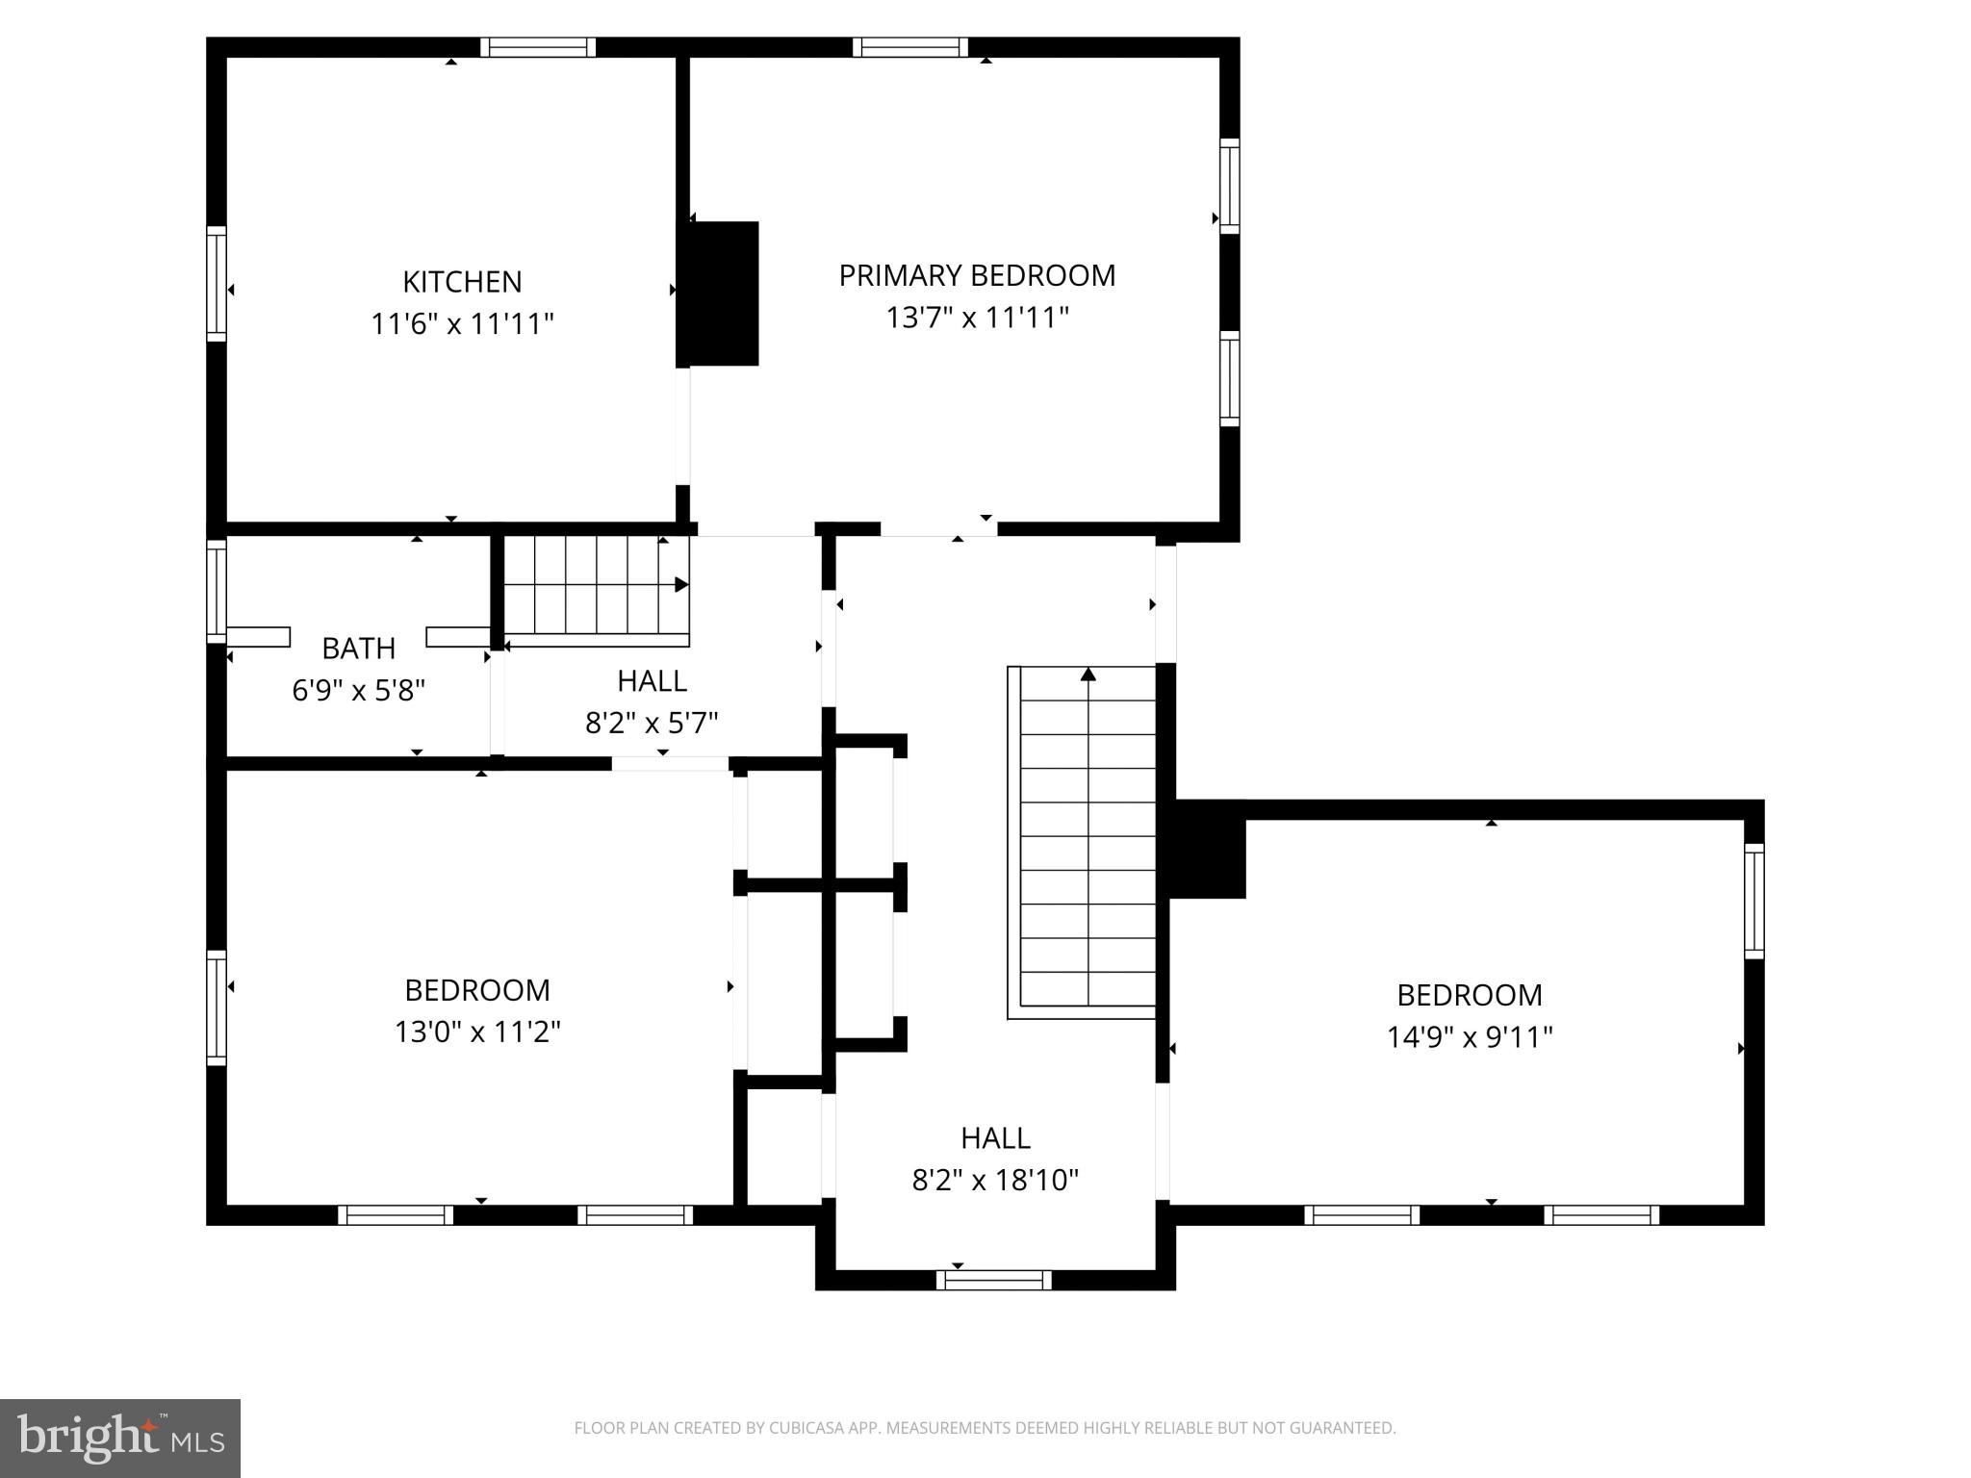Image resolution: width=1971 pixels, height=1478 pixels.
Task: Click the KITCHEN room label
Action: pos(462,282)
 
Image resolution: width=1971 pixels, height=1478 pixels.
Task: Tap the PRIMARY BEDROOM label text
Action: pos(977,276)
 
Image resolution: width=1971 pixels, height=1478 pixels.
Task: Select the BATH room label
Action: pos(358,649)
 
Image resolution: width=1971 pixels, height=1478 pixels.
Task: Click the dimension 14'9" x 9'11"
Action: pos(1469,1037)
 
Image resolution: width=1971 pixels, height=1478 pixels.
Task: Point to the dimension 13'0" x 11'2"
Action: pos(477,1032)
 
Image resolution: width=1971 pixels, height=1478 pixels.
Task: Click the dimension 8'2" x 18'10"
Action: pos(995,1181)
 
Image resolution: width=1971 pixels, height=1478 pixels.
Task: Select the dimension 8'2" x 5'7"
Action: pos(652,723)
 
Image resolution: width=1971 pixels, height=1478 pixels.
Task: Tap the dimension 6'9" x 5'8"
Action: pos(358,691)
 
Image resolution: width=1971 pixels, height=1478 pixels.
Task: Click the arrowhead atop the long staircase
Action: pos(1088,675)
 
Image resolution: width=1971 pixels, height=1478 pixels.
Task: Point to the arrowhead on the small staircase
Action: pos(681,584)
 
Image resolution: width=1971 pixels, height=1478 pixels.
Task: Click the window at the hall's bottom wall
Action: pos(994,1280)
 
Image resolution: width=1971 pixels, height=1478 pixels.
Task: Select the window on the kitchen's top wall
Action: pos(538,47)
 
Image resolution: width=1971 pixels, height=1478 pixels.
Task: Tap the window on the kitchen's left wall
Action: pos(217,284)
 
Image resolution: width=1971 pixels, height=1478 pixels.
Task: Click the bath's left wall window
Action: pos(217,591)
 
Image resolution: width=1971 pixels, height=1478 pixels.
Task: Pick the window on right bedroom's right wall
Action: pos(1754,901)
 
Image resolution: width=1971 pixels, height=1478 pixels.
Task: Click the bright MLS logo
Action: pos(120,1438)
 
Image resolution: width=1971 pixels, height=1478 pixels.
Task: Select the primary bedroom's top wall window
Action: pos(909,47)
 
